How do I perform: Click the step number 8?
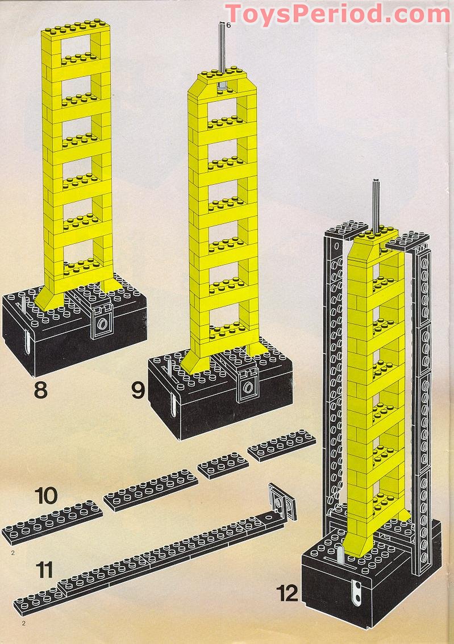point(40,391)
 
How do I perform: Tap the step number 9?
point(138,391)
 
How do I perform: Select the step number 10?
point(46,495)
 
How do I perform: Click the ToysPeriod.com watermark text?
point(339,14)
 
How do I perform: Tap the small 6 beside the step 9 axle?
point(228,26)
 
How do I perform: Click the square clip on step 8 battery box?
point(102,322)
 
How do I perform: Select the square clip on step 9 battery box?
point(248,385)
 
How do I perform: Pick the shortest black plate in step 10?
point(223,466)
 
